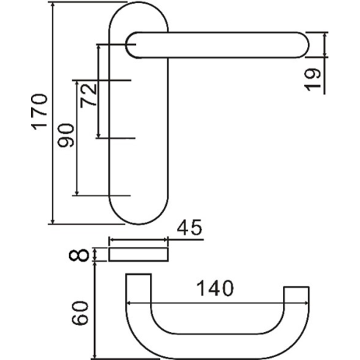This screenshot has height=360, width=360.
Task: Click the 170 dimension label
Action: tap(39, 112)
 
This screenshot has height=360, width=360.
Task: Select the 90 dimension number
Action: tap(65, 135)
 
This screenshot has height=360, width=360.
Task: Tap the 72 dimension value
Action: tap(89, 96)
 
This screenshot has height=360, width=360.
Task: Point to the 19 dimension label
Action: tap(312, 80)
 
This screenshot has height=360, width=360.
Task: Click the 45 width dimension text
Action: tap(190, 228)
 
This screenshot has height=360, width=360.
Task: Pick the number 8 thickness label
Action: tap(79, 255)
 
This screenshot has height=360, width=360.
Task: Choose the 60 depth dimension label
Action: tap(79, 313)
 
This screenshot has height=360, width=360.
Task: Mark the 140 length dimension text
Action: tap(215, 288)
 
